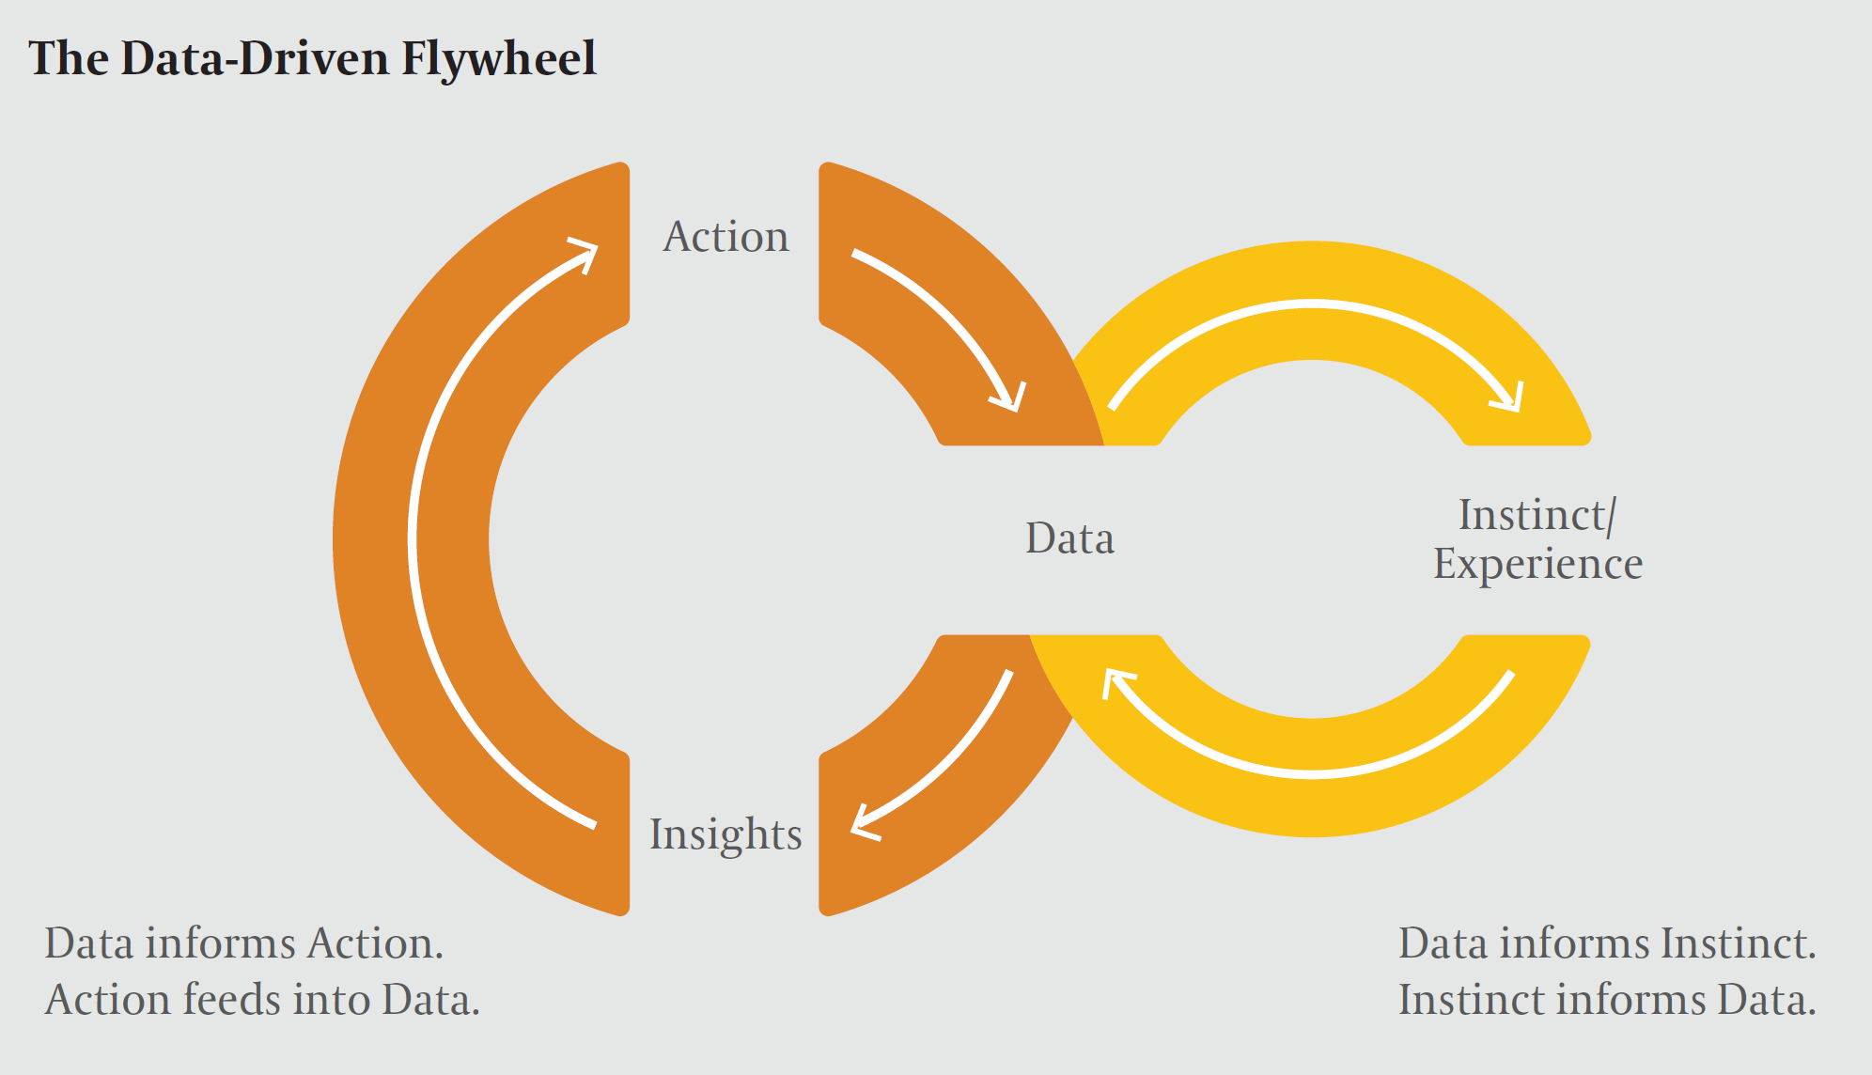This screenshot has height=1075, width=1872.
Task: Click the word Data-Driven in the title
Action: pyautogui.click(x=255, y=58)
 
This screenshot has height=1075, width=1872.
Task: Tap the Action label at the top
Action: pyautogui.click(x=726, y=237)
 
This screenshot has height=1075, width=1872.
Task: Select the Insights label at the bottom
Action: pyautogui.click(x=725, y=835)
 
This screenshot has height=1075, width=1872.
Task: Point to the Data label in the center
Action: pyautogui.click(x=1069, y=539)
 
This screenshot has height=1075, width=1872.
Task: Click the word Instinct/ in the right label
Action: pyautogui.click(x=1537, y=515)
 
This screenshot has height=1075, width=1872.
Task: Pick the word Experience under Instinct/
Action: pyautogui.click(x=1537, y=565)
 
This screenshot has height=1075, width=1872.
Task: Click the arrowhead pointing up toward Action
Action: pyautogui.click(x=585, y=255)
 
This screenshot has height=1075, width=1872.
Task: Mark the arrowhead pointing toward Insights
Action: pyautogui.click(x=865, y=823)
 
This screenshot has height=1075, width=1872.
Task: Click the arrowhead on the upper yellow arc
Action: pyautogui.click(x=1507, y=397)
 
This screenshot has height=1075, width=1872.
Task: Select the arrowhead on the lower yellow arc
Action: pyautogui.click(x=1116, y=682)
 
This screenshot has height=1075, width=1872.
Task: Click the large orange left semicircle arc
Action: pyautogui.click(x=411, y=539)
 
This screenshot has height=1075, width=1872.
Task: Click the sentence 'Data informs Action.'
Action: pyautogui.click(x=243, y=943)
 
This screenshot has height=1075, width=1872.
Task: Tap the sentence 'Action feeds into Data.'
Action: pyautogui.click(x=262, y=1000)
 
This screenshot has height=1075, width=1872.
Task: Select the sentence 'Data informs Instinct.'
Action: pyautogui.click(x=1607, y=943)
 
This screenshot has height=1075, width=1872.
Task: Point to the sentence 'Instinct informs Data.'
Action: pyautogui.click(x=1607, y=1000)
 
